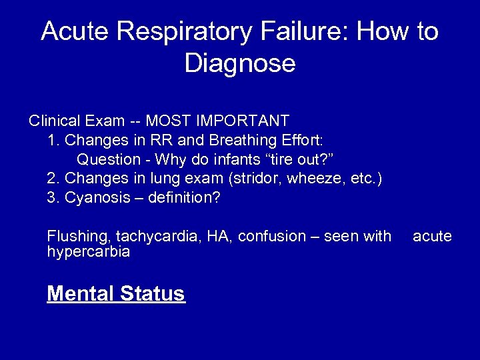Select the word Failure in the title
(289, 32)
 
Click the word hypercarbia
(89, 252)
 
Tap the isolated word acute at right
(432, 236)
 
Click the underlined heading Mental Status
(116, 293)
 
